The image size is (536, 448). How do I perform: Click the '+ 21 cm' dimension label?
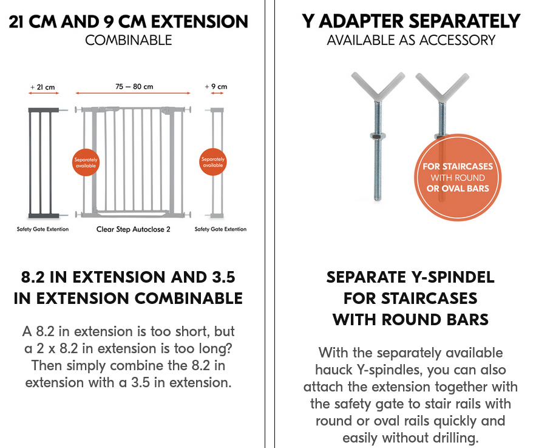(42, 87)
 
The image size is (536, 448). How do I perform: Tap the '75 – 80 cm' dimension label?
(134, 86)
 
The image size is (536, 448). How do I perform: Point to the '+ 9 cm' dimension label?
(216, 86)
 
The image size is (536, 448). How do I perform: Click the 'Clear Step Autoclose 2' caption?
(134, 229)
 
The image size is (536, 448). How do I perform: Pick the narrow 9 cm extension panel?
(217, 163)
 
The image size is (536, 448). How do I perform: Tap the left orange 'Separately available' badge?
(86, 162)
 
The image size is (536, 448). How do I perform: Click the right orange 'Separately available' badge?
(213, 162)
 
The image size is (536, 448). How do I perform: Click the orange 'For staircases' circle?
(458, 177)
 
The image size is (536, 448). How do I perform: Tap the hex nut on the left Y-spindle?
(378, 136)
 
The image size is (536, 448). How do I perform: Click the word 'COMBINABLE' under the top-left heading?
(129, 40)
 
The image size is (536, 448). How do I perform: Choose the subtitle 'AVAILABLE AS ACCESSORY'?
(411, 40)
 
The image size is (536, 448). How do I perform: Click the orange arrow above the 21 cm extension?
(44, 93)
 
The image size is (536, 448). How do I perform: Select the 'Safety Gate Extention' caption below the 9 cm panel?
(220, 229)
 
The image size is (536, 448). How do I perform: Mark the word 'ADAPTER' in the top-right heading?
(361, 21)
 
